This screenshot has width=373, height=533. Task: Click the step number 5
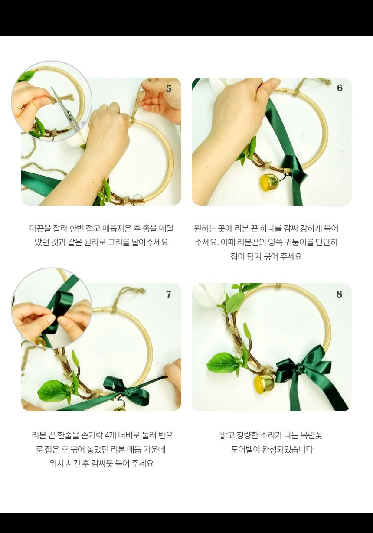coord(169,89)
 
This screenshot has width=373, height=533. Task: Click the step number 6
coord(340,88)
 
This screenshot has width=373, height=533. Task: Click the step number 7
coord(169,294)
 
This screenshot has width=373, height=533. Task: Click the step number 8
coord(340,294)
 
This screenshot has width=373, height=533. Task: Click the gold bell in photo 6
coord(269,182)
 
